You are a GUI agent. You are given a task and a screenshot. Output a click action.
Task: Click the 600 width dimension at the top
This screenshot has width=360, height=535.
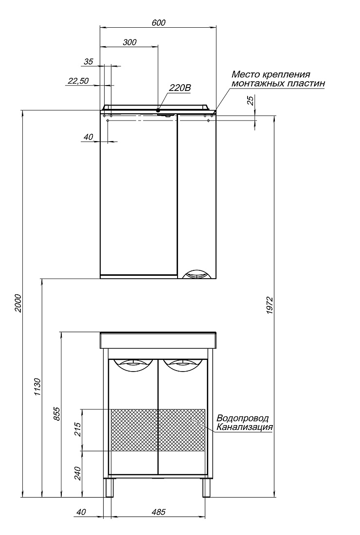158,22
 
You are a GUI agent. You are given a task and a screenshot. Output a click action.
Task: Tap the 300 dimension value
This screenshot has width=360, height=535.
129,42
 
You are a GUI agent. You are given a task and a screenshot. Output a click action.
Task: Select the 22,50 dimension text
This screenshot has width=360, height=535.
78,81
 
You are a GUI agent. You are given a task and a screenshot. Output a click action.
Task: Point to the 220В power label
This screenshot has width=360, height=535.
180,88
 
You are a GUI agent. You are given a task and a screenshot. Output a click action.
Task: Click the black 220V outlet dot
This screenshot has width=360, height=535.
158,110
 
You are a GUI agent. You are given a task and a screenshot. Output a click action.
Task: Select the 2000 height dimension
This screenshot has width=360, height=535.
18,303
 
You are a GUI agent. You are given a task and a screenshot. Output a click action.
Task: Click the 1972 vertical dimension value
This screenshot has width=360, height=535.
270,305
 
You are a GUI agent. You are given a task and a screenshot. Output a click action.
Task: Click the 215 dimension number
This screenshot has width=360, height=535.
78,429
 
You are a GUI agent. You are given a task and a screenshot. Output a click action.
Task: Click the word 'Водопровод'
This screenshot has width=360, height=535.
243,418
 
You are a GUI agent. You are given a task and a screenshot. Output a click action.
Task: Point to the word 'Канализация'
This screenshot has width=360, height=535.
244,427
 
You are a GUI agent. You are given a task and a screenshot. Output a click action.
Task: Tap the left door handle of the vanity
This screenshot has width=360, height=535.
132,364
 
